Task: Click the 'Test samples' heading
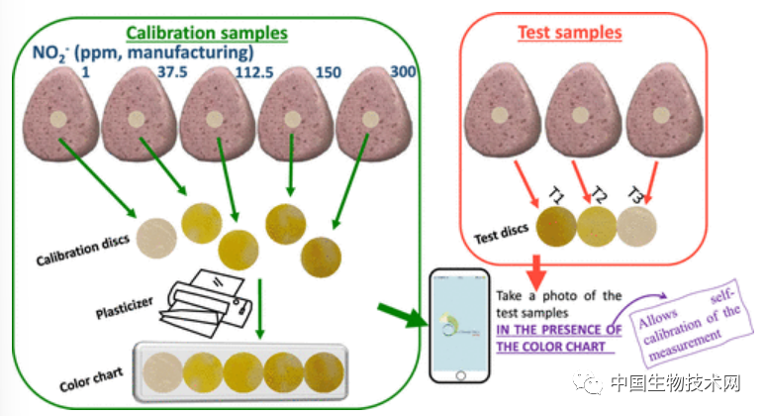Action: (x=569, y=32)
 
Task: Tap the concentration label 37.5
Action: (x=174, y=71)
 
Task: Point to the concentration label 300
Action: (x=402, y=71)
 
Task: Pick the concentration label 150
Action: (x=329, y=71)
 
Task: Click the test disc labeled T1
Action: (x=554, y=223)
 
